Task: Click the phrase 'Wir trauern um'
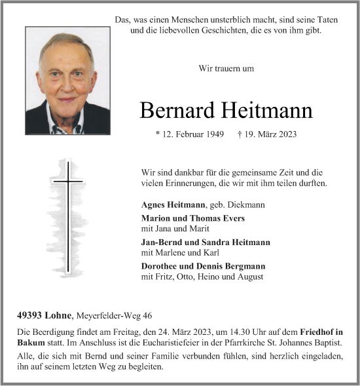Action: [x=226, y=68]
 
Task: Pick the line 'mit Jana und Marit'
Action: [x=172, y=229]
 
